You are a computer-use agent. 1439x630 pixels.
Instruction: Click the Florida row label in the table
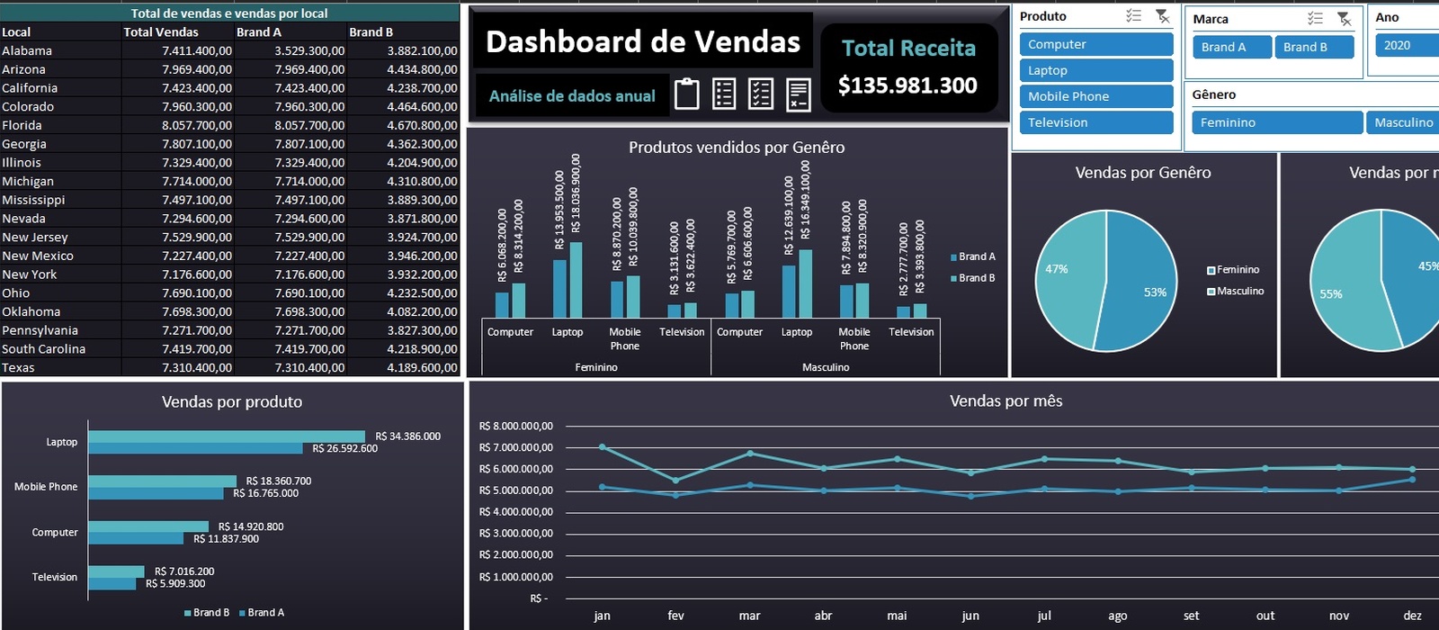22,125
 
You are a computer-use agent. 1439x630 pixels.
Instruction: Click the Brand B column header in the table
371,32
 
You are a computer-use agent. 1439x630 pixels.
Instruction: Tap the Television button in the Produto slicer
1095,122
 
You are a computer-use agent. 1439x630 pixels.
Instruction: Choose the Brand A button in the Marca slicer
1232,47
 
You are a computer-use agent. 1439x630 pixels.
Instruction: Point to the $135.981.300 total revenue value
907,85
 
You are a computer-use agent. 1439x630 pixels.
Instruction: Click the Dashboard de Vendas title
642,41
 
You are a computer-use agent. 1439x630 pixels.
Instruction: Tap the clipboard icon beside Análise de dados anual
686,94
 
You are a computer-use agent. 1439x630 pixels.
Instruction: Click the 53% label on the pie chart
1155,292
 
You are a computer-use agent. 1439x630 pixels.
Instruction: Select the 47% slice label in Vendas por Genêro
1056,269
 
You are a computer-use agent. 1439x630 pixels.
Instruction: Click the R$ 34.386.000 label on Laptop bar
407,436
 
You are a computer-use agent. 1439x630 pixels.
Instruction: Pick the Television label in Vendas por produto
55,577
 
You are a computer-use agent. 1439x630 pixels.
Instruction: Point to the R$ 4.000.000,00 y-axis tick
516,512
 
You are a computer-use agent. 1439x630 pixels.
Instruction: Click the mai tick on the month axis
897,616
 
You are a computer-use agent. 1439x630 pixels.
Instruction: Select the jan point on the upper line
603,447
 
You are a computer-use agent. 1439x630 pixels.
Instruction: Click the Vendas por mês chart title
1006,401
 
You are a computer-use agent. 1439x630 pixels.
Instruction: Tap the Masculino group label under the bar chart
826,367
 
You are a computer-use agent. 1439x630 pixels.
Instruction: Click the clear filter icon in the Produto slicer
1163,16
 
